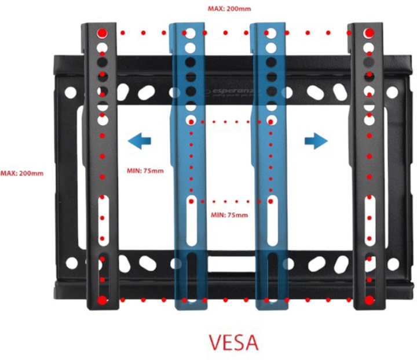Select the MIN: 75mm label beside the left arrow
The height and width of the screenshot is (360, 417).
145,171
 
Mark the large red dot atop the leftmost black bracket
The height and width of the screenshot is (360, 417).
103,32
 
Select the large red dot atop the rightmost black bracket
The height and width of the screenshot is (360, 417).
369,32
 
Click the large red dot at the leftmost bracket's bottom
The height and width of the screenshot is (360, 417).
103,300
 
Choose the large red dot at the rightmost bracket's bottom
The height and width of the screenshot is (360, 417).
369,300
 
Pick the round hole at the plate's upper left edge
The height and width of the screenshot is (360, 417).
70,92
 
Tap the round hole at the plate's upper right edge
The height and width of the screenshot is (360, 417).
392,92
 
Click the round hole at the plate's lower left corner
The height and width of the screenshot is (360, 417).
71,263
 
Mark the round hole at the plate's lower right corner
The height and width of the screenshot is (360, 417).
392,263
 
